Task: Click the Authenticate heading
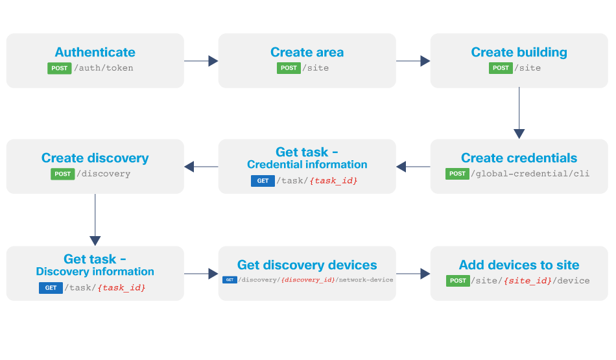[95, 53]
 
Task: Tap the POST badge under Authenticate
[59, 68]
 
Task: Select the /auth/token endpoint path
[104, 68]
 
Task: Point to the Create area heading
[307, 53]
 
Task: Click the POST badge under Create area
[289, 68]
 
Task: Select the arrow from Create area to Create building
[413, 61]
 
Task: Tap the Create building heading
[519, 53]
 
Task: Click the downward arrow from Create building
[519, 113]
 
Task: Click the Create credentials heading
[519, 158]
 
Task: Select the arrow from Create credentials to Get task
[413, 167]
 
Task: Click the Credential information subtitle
[307, 165]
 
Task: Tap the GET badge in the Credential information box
[263, 181]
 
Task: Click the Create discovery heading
[95, 158]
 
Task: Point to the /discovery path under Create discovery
[104, 174]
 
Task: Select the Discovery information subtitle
[95, 272]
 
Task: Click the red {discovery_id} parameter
[308, 280]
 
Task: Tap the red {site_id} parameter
[528, 281]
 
